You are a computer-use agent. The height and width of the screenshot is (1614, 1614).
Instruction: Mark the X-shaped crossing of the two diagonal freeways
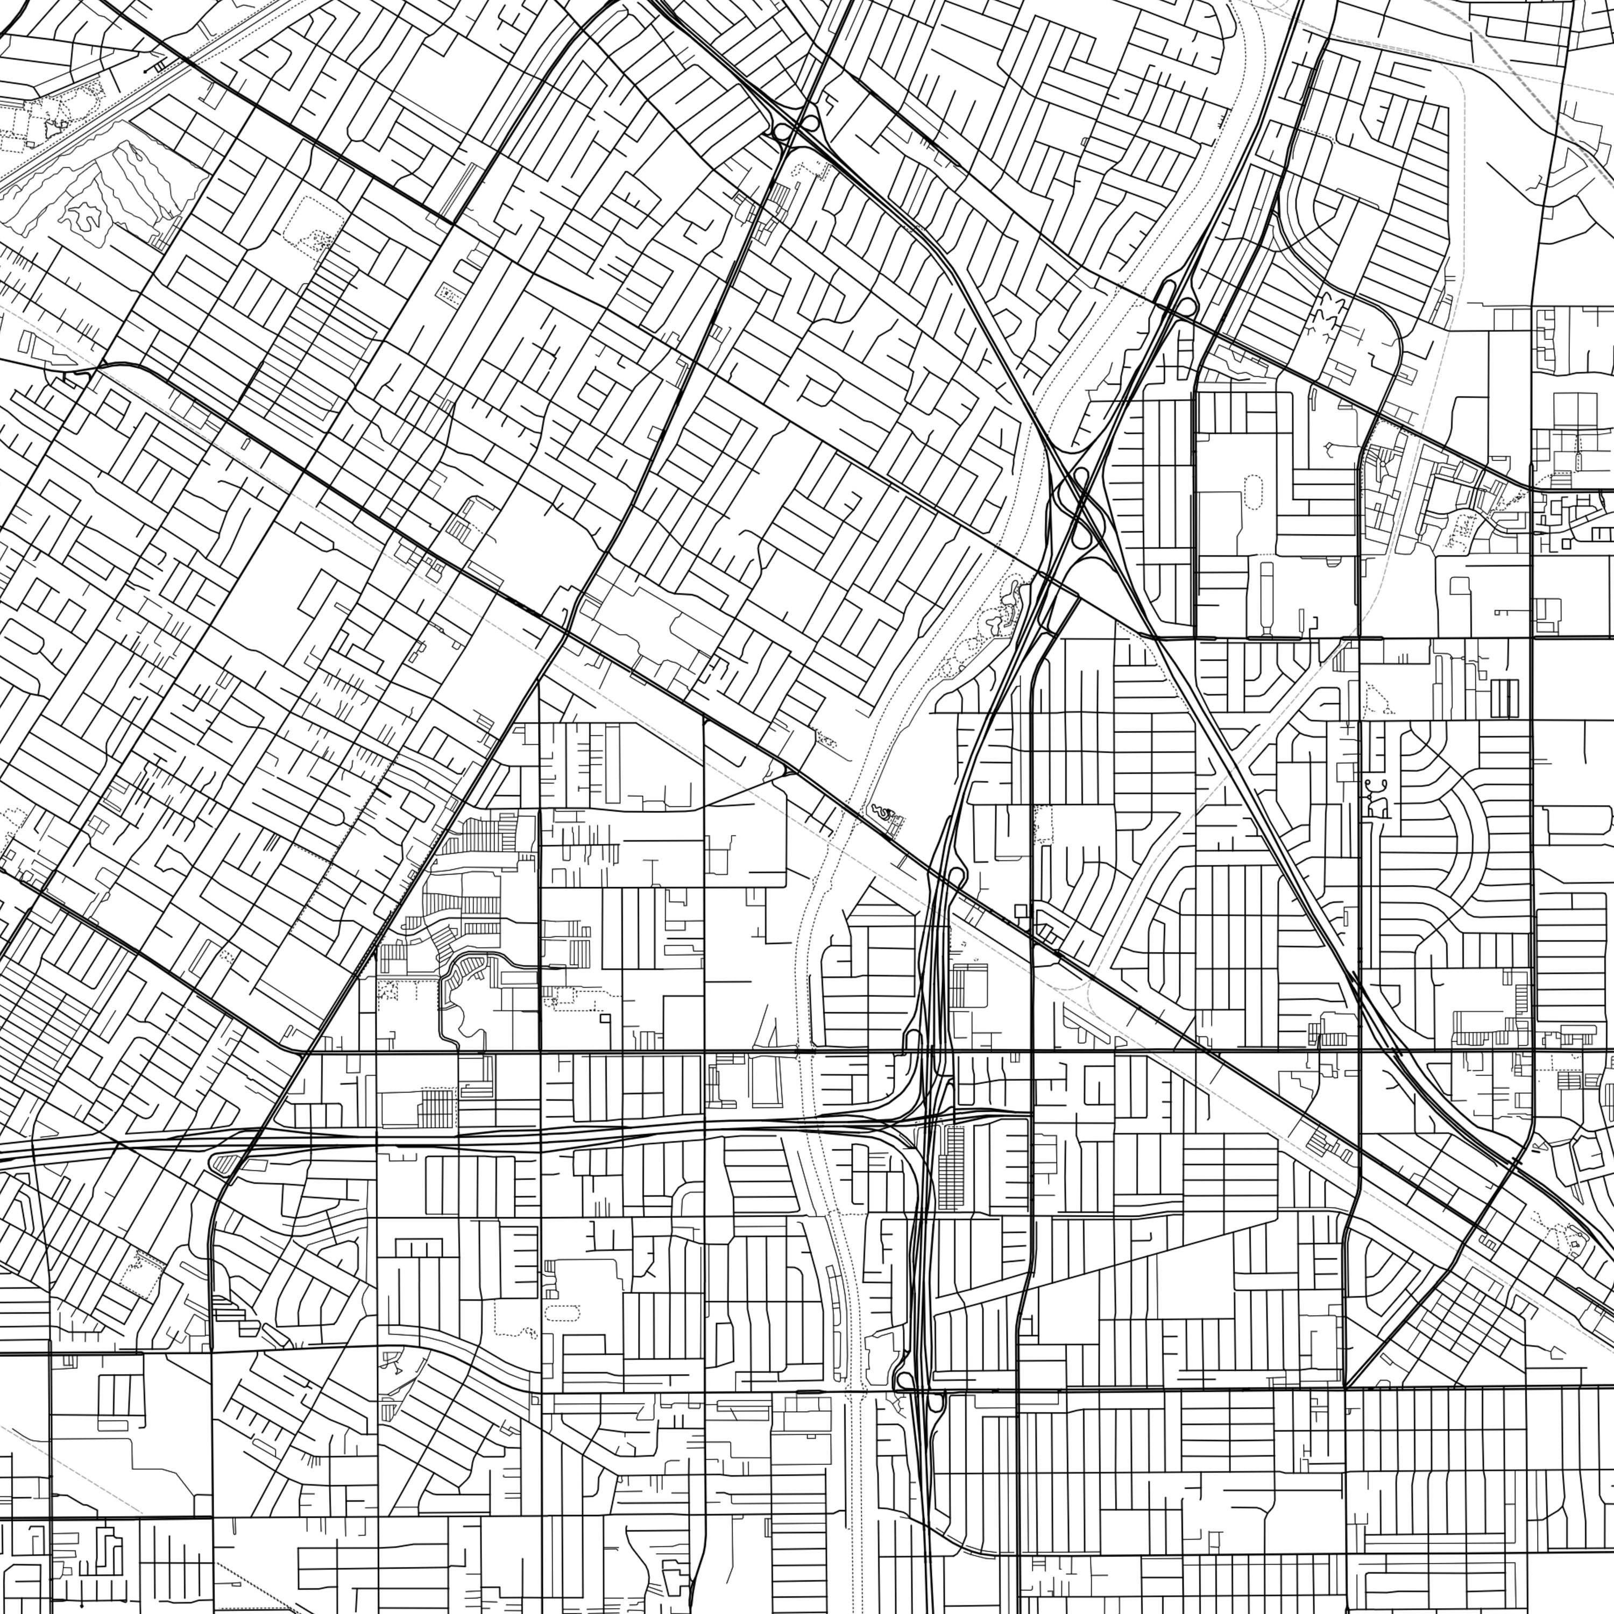tap(1078, 501)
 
